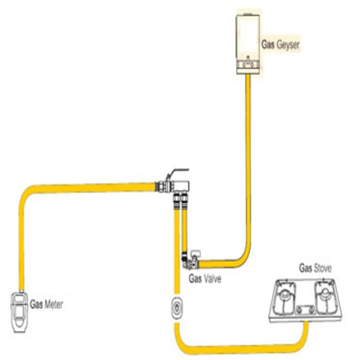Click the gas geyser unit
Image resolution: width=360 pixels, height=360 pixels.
(x=248, y=44)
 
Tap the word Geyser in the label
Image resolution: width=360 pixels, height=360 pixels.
(x=288, y=45)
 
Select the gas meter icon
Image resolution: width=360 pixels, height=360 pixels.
(x=19, y=312)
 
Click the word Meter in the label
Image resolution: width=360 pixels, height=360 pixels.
(x=53, y=305)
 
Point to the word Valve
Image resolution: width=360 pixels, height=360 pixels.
(x=212, y=279)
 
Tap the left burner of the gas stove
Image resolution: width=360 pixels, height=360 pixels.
(x=284, y=297)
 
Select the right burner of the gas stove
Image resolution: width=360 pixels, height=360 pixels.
(x=325, y=297)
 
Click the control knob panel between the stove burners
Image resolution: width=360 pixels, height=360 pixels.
(x=305, y=310)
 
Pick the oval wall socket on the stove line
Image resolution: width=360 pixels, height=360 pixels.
(x=177, y=308)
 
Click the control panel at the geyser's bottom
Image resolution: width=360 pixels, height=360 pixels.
(x=248, y=64)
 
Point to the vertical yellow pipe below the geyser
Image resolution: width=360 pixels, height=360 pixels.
(x=248, y=166)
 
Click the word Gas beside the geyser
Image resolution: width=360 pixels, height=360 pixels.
(x=268, y=45)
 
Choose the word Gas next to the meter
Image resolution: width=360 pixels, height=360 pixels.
(x=36, y=305)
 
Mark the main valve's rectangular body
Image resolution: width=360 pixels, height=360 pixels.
(x=181, y=186)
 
